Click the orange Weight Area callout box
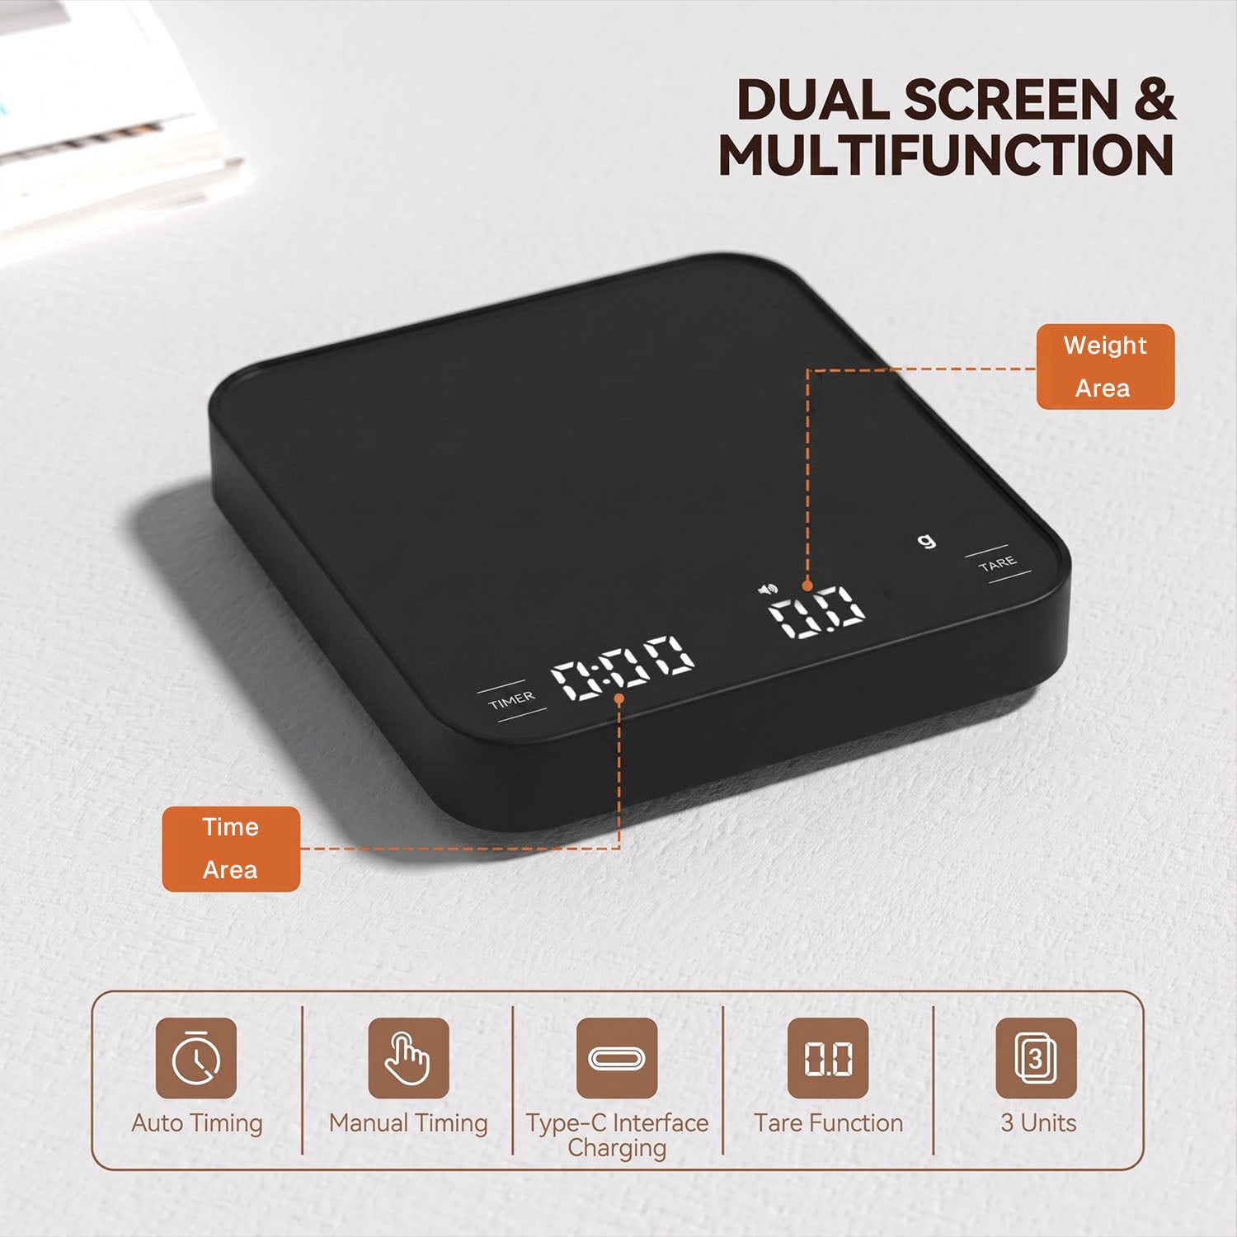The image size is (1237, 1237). (x=1105, y=367)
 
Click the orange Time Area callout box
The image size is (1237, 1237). (x=231, y=849)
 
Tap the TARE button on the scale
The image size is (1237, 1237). (x=998, y=564)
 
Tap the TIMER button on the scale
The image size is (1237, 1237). (x=511, y=700)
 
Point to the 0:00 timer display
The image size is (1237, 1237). (x=623, y=667)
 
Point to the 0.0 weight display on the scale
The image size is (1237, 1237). (x=816, y=611)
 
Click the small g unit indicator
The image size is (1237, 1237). (x=927, y=541)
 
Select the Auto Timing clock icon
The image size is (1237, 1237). (x=196, y=1058)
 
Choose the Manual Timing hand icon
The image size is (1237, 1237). (x=408, y=1058)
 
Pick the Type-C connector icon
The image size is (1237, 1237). (x=617, y=1058)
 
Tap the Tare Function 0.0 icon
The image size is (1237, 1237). (x=828, y=1058)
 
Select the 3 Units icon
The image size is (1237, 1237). (x=1037, y=1058)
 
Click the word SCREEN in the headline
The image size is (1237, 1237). (x=1011, y=101)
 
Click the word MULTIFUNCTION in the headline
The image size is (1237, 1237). (x=946, y=155)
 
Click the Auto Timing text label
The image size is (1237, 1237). (x=197, y=1123)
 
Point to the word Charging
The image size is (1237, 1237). (x=617, y=1149)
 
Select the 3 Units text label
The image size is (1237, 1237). (x=1038, y=1123)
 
